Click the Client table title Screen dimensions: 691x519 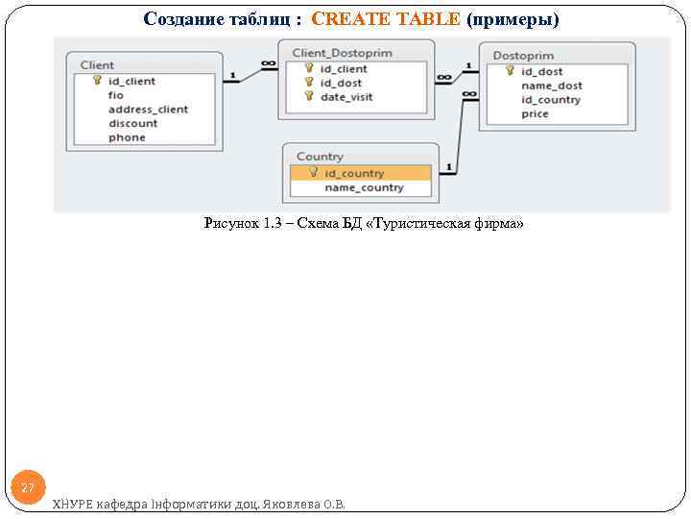point(98,65)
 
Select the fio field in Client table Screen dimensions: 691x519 point(116,95)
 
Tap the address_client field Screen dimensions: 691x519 point(148,110)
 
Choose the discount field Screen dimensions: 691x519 point(133,123)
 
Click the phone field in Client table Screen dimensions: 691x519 point(127,137)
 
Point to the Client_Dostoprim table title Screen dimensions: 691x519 point(342,53)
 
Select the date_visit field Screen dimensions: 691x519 point(346,97)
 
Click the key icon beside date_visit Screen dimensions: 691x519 point(309,96)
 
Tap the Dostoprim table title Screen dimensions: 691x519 point(523,56)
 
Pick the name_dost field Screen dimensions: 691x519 point(552,86)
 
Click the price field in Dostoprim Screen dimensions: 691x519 point(535,113)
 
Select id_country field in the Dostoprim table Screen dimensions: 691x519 point(551,100)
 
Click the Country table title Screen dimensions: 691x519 point(320,157)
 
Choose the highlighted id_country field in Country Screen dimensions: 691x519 point(354,173)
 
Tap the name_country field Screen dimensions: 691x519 point(364,187)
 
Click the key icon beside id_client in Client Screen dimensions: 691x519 point(97,81)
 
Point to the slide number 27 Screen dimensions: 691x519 point(28,488)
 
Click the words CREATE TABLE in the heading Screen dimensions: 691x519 point(386,19)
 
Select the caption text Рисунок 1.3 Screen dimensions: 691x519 point(233,224)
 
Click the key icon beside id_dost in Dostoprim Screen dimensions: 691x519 point(510,71)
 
